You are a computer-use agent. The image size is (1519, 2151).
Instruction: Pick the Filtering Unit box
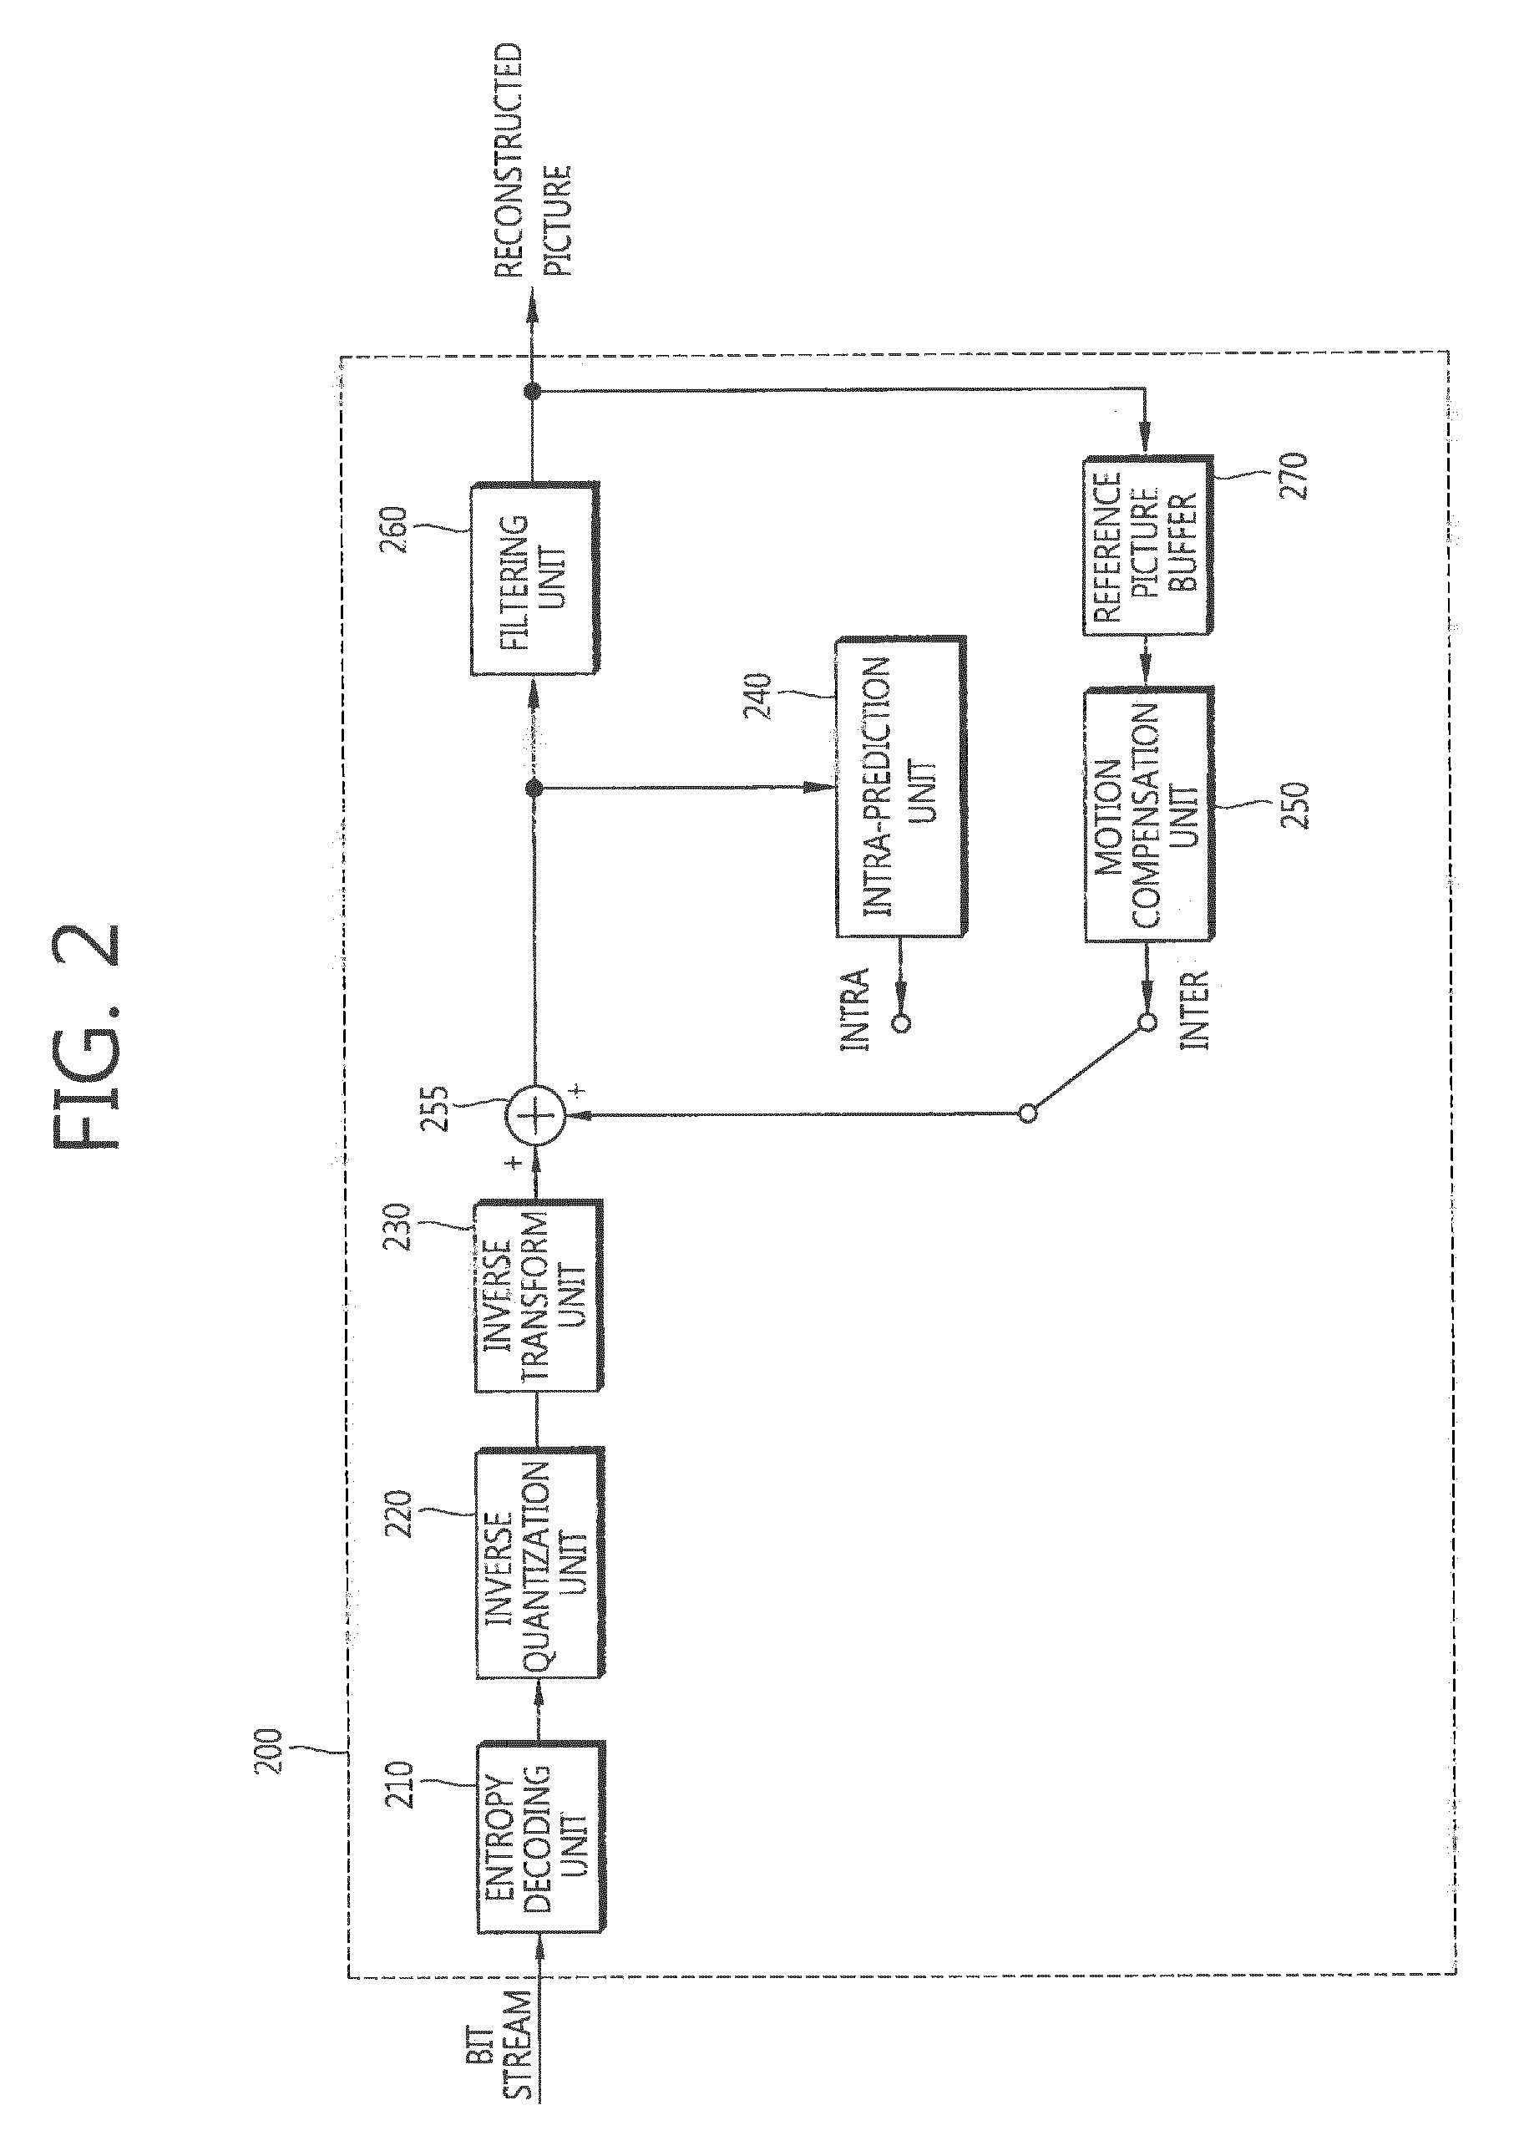[534, 578]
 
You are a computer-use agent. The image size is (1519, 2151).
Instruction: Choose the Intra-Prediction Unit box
[900, 787]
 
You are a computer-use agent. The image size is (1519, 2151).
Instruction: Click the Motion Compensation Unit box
[1149, 815]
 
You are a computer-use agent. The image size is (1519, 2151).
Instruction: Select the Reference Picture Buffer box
[1148, 546]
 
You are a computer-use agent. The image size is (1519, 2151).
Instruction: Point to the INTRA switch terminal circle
[901, 1022]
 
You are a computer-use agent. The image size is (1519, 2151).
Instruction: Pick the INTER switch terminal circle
[1147, 1022]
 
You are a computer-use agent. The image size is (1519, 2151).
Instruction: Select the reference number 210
[398, 1786]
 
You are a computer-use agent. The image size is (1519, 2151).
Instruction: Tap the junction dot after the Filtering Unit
[532, 391]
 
